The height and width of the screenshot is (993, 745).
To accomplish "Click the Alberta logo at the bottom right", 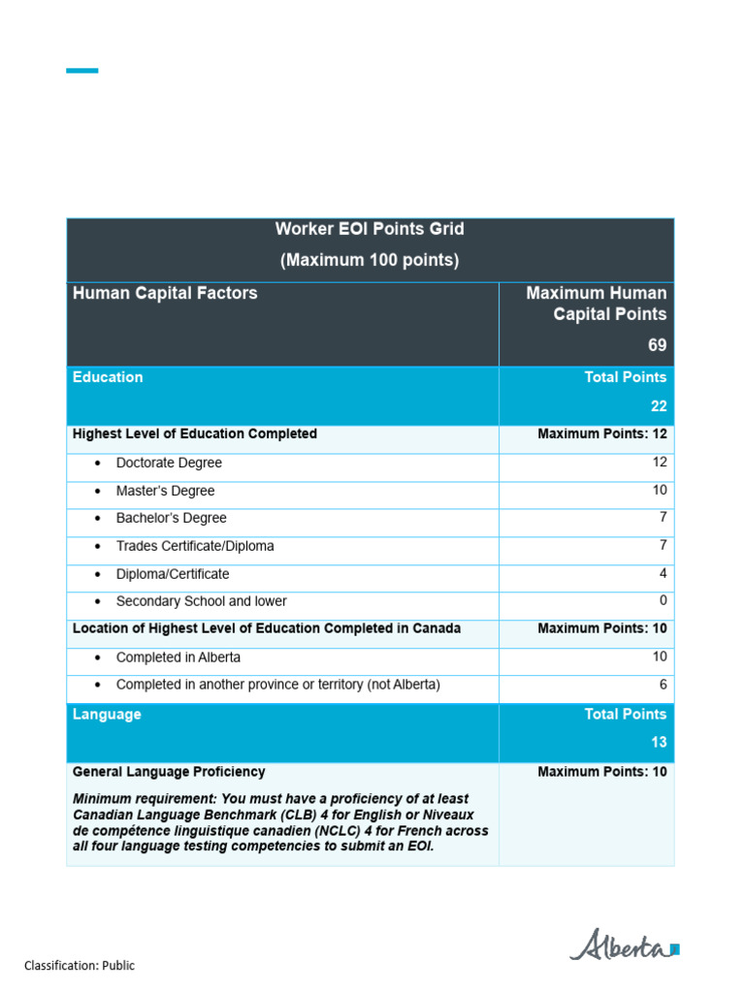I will point(624,945).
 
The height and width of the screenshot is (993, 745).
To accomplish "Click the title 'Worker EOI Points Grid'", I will point(370,230).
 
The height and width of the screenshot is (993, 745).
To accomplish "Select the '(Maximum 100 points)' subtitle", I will point(370,260).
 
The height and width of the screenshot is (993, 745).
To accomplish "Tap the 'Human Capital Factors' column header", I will point(165,293).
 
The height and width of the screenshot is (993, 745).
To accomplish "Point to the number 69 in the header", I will point(657,345).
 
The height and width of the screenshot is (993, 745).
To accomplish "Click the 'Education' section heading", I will point(108,377).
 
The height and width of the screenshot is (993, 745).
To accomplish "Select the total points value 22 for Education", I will point(658,406).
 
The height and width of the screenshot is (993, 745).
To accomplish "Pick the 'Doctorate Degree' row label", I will point(169,464).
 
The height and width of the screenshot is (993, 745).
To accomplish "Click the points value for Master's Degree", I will point(659,491).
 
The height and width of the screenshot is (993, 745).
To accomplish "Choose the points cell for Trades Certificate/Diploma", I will point(663,546).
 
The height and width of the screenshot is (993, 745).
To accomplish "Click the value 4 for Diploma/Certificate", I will point(663,574).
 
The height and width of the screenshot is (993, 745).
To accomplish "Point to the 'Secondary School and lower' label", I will point(201,601).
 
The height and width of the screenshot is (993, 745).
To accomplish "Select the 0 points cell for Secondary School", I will point(663,601).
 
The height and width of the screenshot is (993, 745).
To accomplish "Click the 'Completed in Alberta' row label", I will point(178,657).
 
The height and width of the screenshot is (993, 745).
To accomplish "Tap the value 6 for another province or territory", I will point(663,685).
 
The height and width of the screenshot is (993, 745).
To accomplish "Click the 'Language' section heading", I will point(107,715).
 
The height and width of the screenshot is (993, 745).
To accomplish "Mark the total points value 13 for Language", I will point(659,743).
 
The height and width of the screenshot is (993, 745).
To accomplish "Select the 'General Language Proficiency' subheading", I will point(169,772).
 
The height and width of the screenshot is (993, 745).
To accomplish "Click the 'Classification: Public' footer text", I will point(80,966).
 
